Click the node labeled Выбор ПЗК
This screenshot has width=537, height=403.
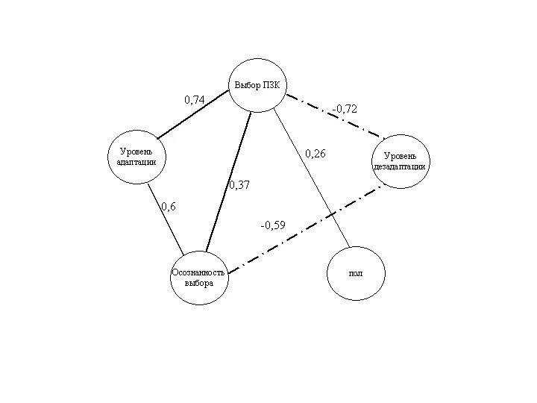click(x=258, y=85)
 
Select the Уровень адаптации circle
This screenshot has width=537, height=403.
click(x=138, y=157)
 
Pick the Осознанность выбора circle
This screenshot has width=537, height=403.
click(x=199, y=277)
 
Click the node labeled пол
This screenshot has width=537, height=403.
click(x=356, y=273)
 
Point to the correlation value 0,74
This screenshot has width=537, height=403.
click(x=195, y=99)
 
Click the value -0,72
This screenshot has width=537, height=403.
click(x=345, y=109)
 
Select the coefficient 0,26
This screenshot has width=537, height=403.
click(x=315, y=154)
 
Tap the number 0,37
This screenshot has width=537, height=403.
click(x=239, y=185)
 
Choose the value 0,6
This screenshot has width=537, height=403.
click(x=169, y=207)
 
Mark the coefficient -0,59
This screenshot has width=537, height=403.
click(x=272, y=224)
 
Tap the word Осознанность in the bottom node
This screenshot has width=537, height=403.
click(x=198, y=272)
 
